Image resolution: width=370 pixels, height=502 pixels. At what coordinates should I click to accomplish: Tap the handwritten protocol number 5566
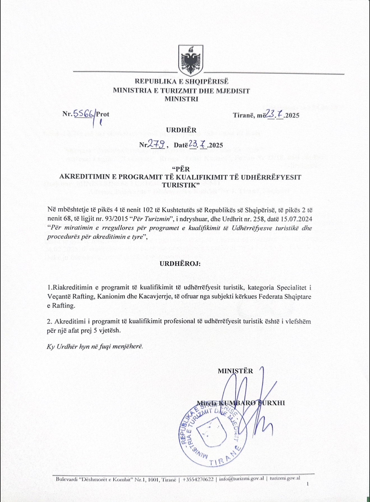tap(83, 114)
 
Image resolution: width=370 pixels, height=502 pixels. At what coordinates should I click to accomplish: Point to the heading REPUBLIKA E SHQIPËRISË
tap(182, 82)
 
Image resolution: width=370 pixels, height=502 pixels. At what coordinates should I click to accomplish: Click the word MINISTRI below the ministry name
tap(181, 99)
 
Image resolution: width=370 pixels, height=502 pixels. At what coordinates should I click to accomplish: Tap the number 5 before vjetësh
tap(96, 330)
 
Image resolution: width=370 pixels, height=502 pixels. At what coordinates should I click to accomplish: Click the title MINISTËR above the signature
tap(235, 371)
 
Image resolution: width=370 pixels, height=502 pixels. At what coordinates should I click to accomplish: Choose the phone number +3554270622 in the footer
tap(198, 479)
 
